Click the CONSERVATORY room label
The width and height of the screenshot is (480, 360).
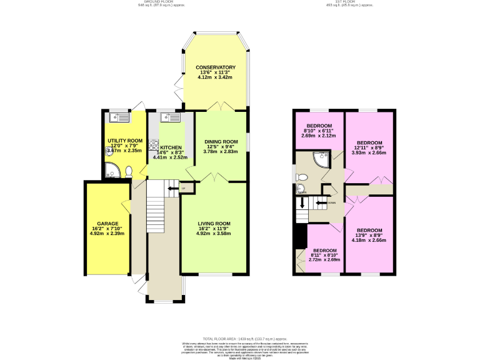[x=215, y=67]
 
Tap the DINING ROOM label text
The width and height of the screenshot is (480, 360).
[x=222, y=141]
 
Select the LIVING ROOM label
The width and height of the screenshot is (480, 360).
[x=214, y=224]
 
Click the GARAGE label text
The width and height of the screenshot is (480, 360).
[x=107, y=223]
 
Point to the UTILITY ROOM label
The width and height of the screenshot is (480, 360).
[x=124, y=141]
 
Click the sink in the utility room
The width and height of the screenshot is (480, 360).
[x=118, y=116]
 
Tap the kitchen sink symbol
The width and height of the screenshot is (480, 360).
[x=169, y=116]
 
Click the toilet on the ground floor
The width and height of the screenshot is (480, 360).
[x=129, y=171]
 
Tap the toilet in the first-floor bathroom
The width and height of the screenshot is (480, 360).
[x=300, y=187]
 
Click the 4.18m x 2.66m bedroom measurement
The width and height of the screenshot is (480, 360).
[x=369, y=240]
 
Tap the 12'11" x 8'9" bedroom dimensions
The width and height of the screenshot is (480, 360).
[x=369, y=147]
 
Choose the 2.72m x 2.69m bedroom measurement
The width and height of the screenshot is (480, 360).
[x=324, y=259]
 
